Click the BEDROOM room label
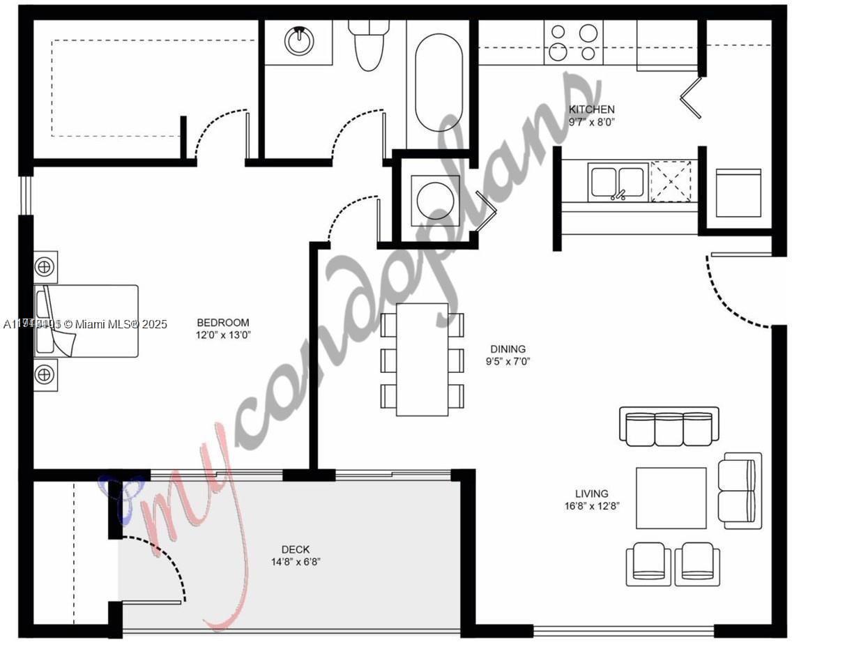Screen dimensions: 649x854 click(222, 323)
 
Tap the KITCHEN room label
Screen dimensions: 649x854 click(591, 109)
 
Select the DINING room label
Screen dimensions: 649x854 click(508, 349)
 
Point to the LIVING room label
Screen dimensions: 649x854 click(591, 494)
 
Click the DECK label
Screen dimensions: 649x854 click(296, 549)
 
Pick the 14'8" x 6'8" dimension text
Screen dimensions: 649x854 click(296, 562)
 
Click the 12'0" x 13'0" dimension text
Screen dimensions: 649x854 click(222, 335)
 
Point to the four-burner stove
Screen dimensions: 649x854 click(574, 43)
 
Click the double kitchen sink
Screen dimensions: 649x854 click(617, 183)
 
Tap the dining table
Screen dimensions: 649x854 click(422, 359)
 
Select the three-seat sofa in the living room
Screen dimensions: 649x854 click(669, 427)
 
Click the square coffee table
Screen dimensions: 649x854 click(671, 498)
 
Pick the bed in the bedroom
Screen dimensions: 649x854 click(86, 321)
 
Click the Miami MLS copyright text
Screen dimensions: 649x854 click(86, 324)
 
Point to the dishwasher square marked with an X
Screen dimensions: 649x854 click(671, 181)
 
